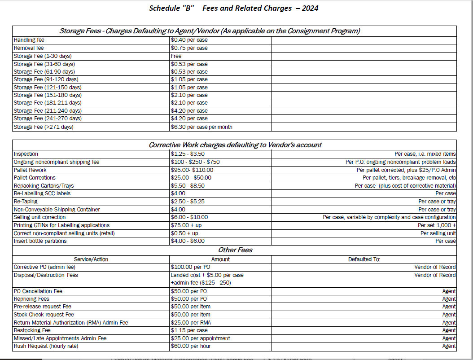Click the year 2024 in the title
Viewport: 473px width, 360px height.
point(310,8)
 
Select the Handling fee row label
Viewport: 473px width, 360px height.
point(29,40)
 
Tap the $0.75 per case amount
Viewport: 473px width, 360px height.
point(189,48)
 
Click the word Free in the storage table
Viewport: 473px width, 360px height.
point(176,56)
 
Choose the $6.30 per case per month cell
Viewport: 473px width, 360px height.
point(201,127)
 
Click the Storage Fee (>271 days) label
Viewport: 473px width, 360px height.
point(44,127)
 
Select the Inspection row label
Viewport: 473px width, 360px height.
point(26,154)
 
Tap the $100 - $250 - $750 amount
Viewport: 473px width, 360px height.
point(195,162)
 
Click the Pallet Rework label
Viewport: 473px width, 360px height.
point(30,170)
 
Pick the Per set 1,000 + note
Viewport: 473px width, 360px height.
point(436,225)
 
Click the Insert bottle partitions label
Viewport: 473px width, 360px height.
point(40,241)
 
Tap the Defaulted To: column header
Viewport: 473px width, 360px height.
point(364,259)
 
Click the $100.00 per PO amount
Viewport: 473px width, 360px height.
point(190,267)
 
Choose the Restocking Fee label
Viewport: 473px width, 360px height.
point(32,330)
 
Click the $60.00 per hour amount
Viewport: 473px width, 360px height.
point(191,346)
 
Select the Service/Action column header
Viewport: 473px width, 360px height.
point(91,259)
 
